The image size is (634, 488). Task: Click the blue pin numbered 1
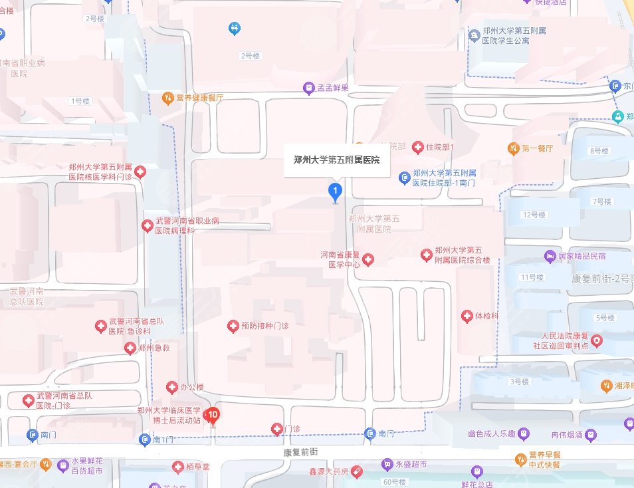[x=336, y=193]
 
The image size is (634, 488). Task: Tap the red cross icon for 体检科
[x=467, y=316]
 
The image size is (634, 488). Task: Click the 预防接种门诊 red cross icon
[x=233, y=326]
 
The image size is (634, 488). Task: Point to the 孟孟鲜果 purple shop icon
[x=308, y=88]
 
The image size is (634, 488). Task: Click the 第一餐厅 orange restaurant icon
[x=513, y=148]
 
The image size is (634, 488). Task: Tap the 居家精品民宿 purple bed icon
[x=550, y=255]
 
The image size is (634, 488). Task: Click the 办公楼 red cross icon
[x=171, y=387]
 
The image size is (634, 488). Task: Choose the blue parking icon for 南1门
[x=145, y=439]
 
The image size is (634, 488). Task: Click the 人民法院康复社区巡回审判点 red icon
[x=597, y=341]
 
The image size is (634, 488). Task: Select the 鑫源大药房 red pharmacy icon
[x=357, y=471]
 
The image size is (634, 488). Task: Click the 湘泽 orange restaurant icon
[x=606, y=386]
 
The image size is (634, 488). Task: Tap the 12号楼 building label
[x=534, y=215]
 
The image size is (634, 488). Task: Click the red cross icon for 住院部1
[x=418, y=146]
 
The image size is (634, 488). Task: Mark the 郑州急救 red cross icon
[x=130, y=348]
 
